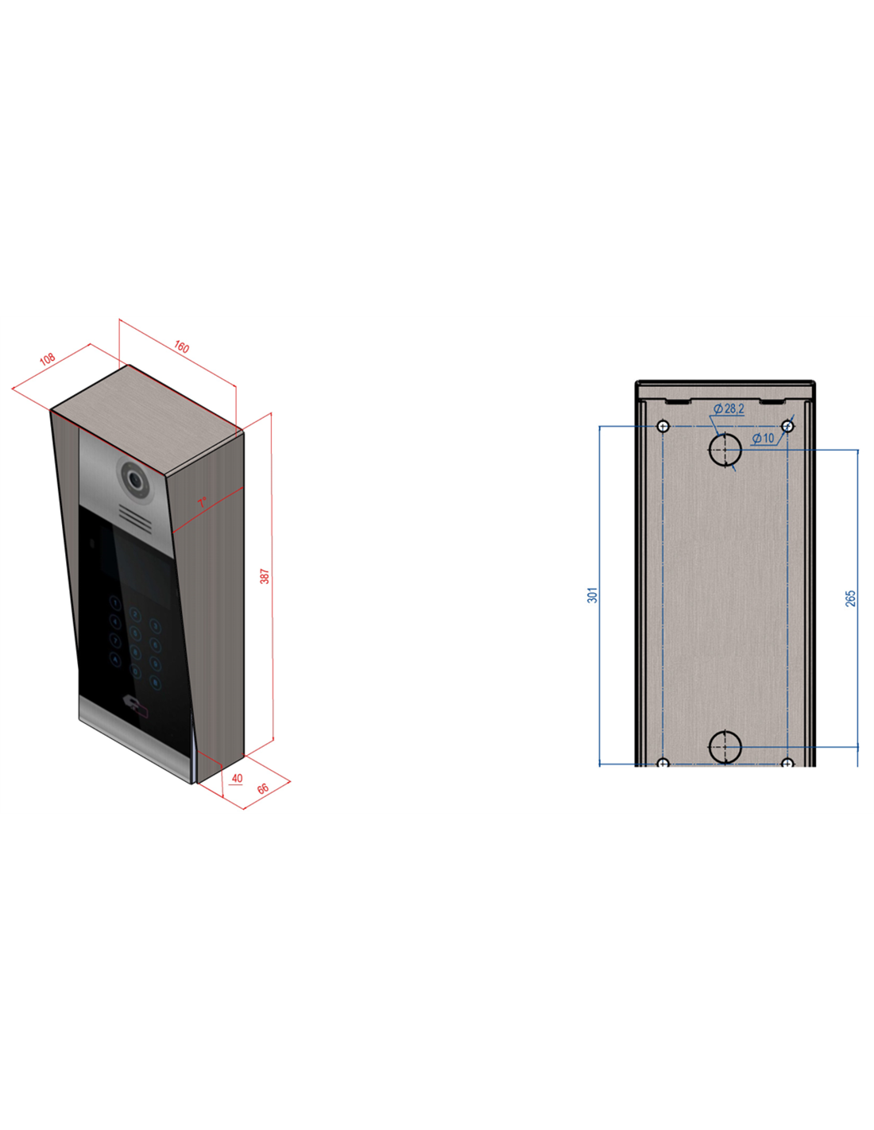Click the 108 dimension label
click(48, 359)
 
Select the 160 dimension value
click(181, 347)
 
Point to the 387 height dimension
click(265, 575)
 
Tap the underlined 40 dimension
click(237, 779)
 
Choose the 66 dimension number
click(263, 789)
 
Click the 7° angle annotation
click(203, 502)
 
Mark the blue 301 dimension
click(592, 595)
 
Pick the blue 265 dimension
click(850, 598)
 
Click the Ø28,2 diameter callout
click(729, 408)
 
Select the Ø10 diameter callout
click(763, 438)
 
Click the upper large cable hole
click(725, 450)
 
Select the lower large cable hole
click(725, 747)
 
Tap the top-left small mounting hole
click(663, 427)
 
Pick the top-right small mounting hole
click(787, 427)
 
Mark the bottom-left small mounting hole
click(663, 763)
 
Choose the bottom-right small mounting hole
click(787, 763)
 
